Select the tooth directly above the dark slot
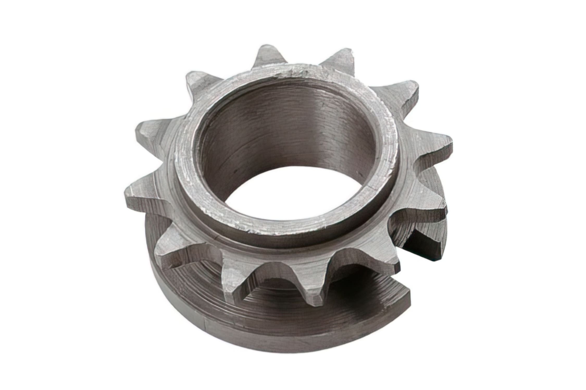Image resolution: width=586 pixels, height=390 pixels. coord(419,216)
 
